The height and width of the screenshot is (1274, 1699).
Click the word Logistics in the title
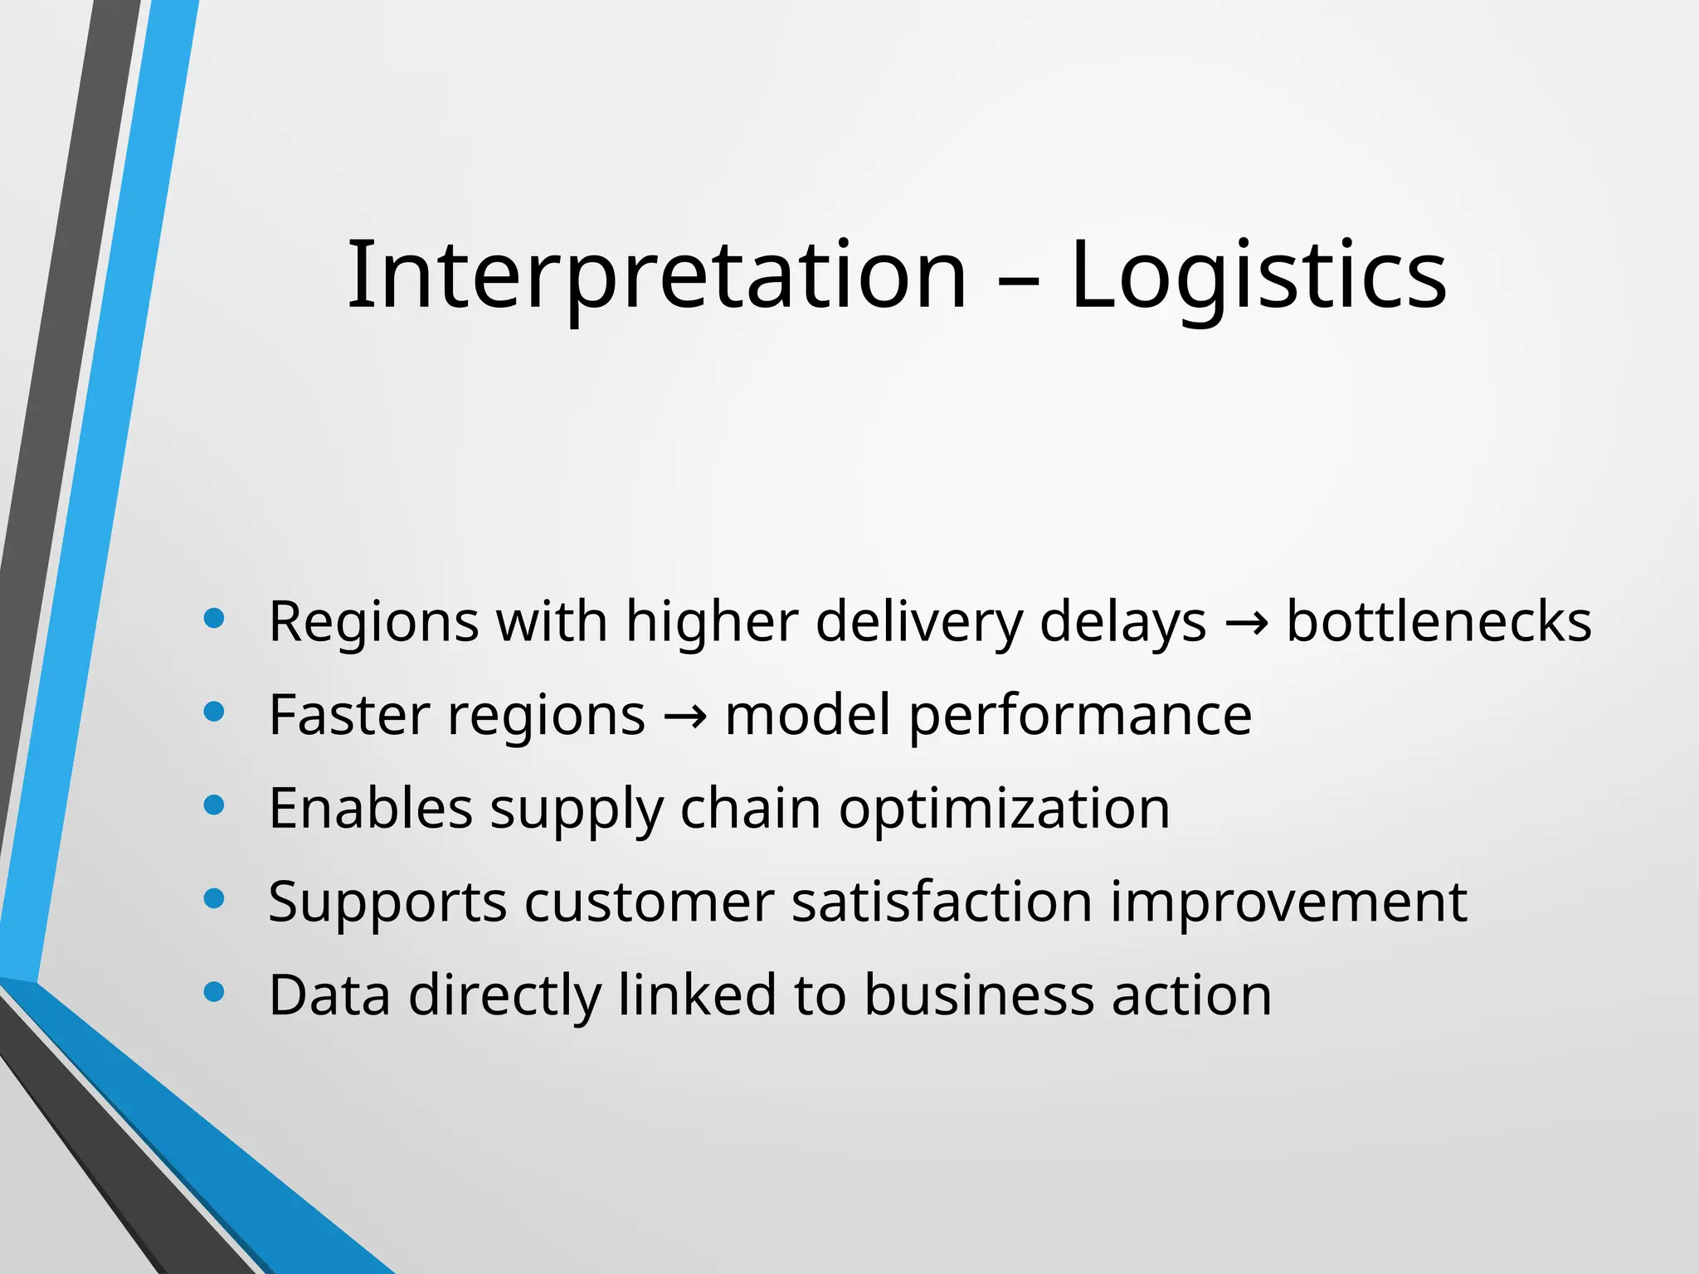(1258, 275)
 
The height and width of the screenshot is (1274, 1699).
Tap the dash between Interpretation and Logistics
(1018, 280)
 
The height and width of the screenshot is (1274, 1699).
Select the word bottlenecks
(1439, 621)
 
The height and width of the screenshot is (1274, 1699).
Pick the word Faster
(349, 715)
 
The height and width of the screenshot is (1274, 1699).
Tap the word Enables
(370, 808)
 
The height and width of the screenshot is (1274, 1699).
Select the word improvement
(1288, 902)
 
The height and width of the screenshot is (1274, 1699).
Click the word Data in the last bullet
(329, 994)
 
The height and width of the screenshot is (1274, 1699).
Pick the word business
(979, 994)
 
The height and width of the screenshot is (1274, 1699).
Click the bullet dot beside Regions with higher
(214, 618)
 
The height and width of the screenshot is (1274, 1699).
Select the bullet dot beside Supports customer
(214, 898)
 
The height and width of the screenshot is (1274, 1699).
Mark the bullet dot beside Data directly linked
(214, 991)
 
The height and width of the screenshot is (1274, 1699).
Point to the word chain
(750, 808)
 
